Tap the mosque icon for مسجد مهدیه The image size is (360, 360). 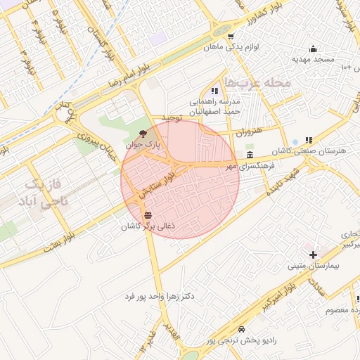tap(313, 49)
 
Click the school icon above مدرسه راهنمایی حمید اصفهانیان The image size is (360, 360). tap(214, 91)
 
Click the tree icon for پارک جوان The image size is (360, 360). tap(143, 133)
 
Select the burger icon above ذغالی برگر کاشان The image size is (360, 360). tap(147, 215)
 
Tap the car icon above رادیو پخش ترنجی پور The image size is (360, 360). tap(241, 329)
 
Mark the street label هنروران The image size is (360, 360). tap(247, 131)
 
